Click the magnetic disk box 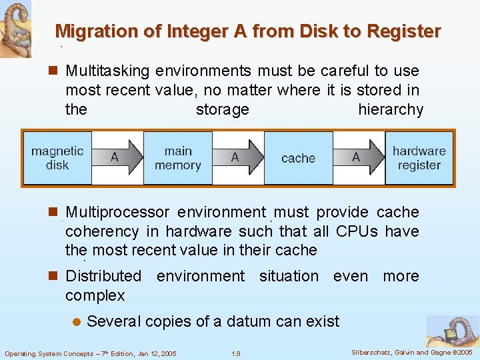point(57,158)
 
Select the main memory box point(178,158)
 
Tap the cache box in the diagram point(298,158)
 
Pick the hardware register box point(419,158)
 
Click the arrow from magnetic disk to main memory point(118,158)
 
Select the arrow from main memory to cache point(238,158)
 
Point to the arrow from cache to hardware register point(359,158)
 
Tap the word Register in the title point(405,31)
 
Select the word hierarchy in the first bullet point(391,109)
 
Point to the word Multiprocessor point(117,212)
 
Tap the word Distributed point(103,276)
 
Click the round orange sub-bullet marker point(75,322)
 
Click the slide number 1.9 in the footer point(235,353)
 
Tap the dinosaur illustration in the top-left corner point(15,27)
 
